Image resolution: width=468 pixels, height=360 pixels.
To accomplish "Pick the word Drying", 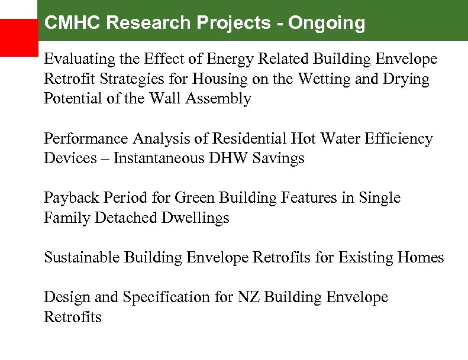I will tap(409, 79).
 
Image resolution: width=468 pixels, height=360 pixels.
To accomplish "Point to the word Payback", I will tap(66, 198).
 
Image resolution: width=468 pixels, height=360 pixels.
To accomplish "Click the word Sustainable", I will tap(82, 258).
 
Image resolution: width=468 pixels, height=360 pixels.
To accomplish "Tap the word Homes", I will tap(421, 258).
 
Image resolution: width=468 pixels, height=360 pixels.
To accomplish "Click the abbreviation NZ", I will tap(250, 297).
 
